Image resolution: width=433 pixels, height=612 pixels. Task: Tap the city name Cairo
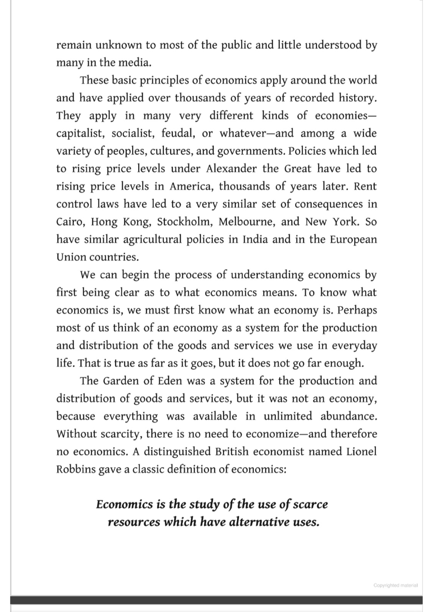pos(70,222)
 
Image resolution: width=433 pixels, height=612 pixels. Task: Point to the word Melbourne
pos(247,222)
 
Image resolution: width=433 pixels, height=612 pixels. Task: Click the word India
pos(255,239)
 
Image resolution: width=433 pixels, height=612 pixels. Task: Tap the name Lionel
pos(362,452)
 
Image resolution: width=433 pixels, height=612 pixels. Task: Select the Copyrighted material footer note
pos(395,585)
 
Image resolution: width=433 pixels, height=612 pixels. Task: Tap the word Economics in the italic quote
pos(124,504)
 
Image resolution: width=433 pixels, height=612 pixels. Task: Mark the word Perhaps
pos(357,310)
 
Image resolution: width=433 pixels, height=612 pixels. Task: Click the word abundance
pos(349,416)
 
